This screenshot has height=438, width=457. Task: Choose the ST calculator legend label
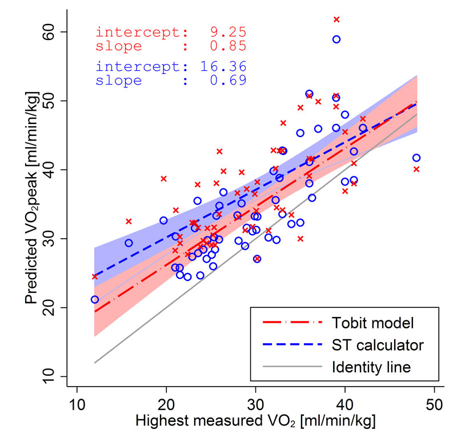pos(378,345)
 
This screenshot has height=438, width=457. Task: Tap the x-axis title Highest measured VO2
pos(255,422)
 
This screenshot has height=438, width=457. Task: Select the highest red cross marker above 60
pos(336,20)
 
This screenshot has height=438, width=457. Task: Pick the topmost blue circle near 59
pos(336,39)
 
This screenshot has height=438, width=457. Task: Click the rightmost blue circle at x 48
pos(416,158)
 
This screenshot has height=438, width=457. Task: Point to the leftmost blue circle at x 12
pos(95,299)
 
